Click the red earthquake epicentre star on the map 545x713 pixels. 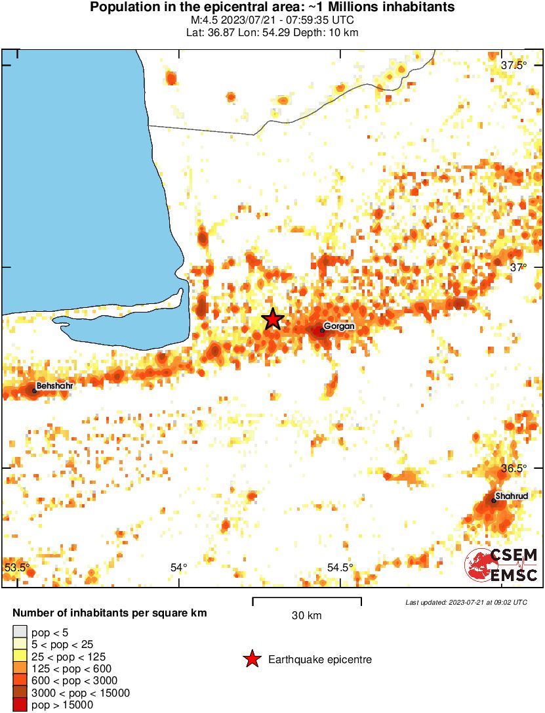click(x=273, y=320)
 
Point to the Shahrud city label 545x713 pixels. click(x=511, y=496)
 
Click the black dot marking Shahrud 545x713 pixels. click(x=494, y=500)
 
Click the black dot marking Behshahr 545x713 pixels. click(x=35, y=391)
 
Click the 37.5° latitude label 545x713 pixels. click(x=514, y=65)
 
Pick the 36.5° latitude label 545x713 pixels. click(x=514, y=469)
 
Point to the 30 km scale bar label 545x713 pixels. click(x=306, y=615)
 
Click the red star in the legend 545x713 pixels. click(x=252, y=659)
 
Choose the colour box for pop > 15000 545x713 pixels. click(x=20, y=705)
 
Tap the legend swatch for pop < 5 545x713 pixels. click(x=20, y=632)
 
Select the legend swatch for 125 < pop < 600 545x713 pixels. click(x=20, y=668)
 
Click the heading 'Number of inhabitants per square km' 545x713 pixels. click(x=110, y=613)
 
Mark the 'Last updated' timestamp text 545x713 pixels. click(x=466, y=602)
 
